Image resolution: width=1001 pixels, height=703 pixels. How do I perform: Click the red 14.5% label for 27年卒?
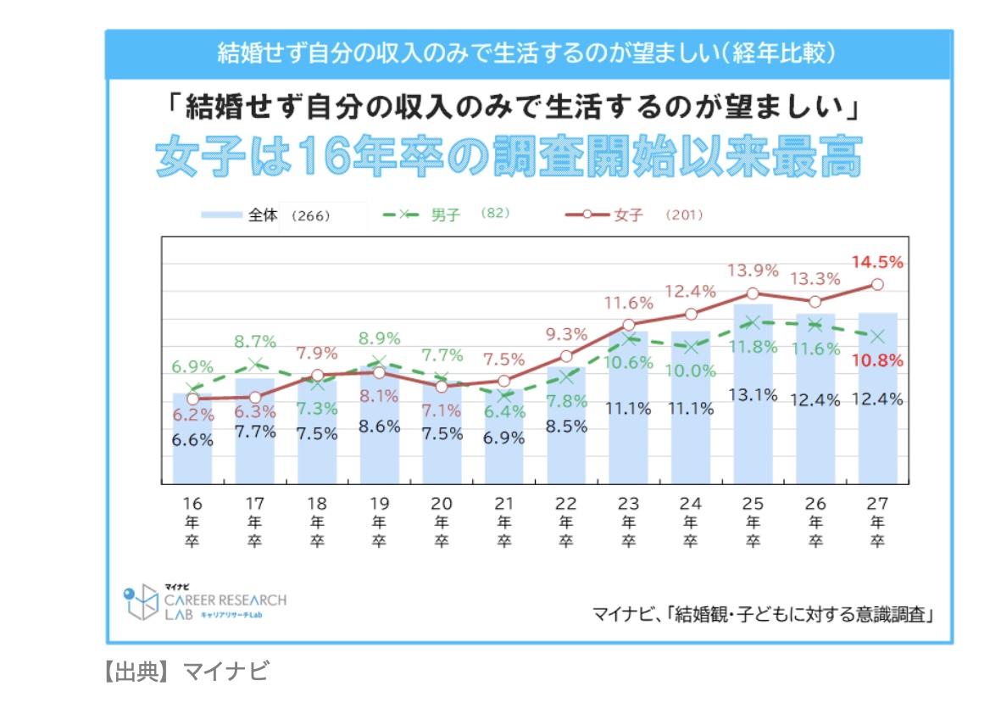tap(877, 262)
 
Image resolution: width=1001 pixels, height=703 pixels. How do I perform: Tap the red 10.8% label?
tap(877, 360)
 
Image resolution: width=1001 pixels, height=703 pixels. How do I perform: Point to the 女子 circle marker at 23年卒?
tap(628, 325)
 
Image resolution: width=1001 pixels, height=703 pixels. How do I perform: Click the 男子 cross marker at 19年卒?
tap(379, 362)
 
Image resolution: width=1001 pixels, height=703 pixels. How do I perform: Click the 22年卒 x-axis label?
tap(566, 522)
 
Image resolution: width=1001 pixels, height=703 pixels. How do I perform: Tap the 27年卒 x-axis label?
tap(877, 522)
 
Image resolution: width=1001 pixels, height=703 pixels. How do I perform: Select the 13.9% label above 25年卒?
tap(753, 271)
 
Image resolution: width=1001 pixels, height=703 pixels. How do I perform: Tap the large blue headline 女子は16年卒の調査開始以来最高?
tap(509, 156)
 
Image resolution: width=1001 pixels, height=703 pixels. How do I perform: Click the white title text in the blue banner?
tap(528, 53)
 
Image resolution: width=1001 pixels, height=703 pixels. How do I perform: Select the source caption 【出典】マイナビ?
tap(186, 672)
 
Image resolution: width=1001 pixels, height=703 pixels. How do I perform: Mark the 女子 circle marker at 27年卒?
tap(877, 285)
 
